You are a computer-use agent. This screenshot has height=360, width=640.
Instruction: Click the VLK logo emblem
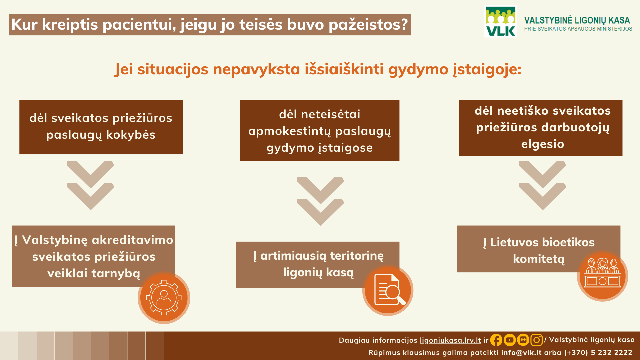[x=501, y=21]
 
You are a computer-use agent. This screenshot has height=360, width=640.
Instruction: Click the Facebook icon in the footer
[x=496, y=340]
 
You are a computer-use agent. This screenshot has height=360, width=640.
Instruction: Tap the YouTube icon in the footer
[x=510, y=340]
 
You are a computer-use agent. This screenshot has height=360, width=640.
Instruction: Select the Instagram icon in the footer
[x=536, y=340]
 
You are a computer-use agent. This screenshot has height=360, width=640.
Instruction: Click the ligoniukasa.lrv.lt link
[x=450, y=340]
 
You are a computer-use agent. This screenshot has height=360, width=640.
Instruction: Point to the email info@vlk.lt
[x=521, y=352]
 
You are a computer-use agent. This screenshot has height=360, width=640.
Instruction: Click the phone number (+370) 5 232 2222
[x=598, y=352]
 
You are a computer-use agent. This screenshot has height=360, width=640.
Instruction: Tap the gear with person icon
[x=164, y=298]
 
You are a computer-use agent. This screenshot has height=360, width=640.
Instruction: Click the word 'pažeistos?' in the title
[x=368, y=25]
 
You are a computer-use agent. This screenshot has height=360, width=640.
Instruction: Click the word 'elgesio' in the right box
[x=543, y=144]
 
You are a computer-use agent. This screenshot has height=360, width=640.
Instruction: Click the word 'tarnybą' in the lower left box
[x=116, y=273]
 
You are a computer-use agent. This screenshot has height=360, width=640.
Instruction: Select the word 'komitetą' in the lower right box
[x=539, y=259]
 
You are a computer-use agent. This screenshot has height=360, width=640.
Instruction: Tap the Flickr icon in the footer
[x=523, y=340]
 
